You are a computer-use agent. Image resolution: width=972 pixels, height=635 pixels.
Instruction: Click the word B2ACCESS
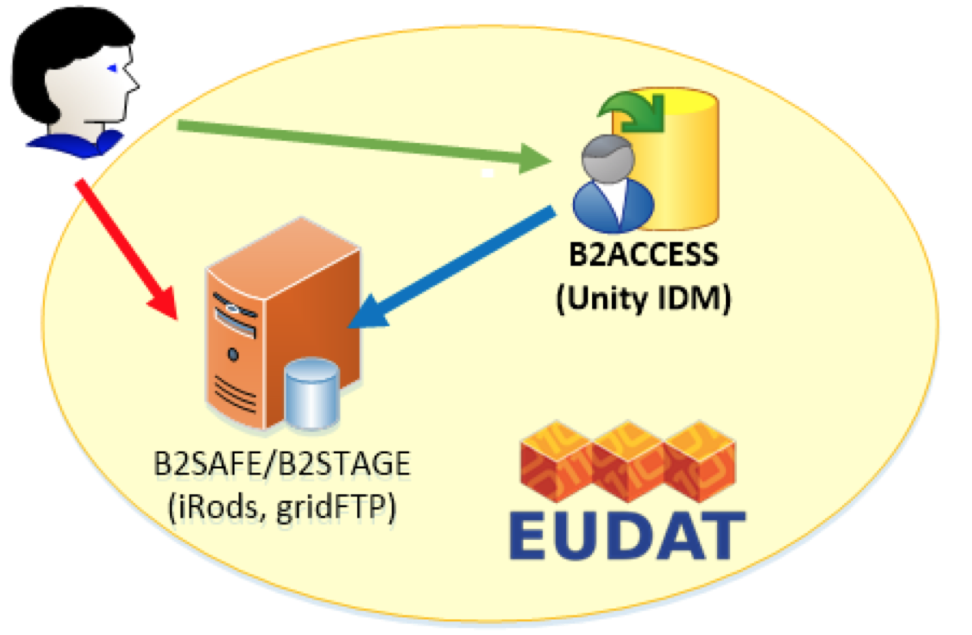(x=643, y=255)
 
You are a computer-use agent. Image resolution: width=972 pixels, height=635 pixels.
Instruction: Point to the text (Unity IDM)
(x=643, y=298)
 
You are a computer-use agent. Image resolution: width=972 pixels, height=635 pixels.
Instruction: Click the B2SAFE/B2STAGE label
(x=282, y=464)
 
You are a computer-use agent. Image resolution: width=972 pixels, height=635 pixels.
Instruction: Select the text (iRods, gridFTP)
(x=282, y=507)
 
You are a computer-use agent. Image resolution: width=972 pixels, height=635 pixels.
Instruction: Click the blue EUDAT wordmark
(x=627, y=536)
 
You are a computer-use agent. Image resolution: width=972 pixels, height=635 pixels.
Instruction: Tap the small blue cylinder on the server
(x=312, y=394)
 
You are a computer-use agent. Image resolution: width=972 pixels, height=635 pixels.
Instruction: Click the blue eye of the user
(x=112, y=68)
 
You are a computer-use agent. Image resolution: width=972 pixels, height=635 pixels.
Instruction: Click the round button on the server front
(x=233, y=354)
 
